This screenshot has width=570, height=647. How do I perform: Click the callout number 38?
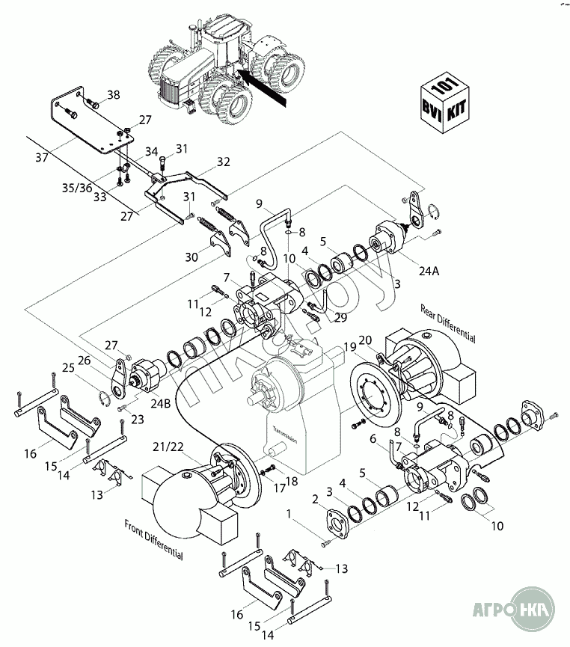[113, 94]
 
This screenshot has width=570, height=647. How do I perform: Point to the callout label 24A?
[429, 271]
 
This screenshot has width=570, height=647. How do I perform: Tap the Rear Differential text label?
[448, 322]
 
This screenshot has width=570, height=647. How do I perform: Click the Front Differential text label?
[153, 538]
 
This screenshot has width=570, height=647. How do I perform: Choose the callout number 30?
[192, 257]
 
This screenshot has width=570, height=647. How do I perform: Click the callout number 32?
[224, 162]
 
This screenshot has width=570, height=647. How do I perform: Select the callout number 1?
[290, 513]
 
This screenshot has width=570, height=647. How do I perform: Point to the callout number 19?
[351, 346]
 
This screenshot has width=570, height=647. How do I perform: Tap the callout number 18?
[291, 482]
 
